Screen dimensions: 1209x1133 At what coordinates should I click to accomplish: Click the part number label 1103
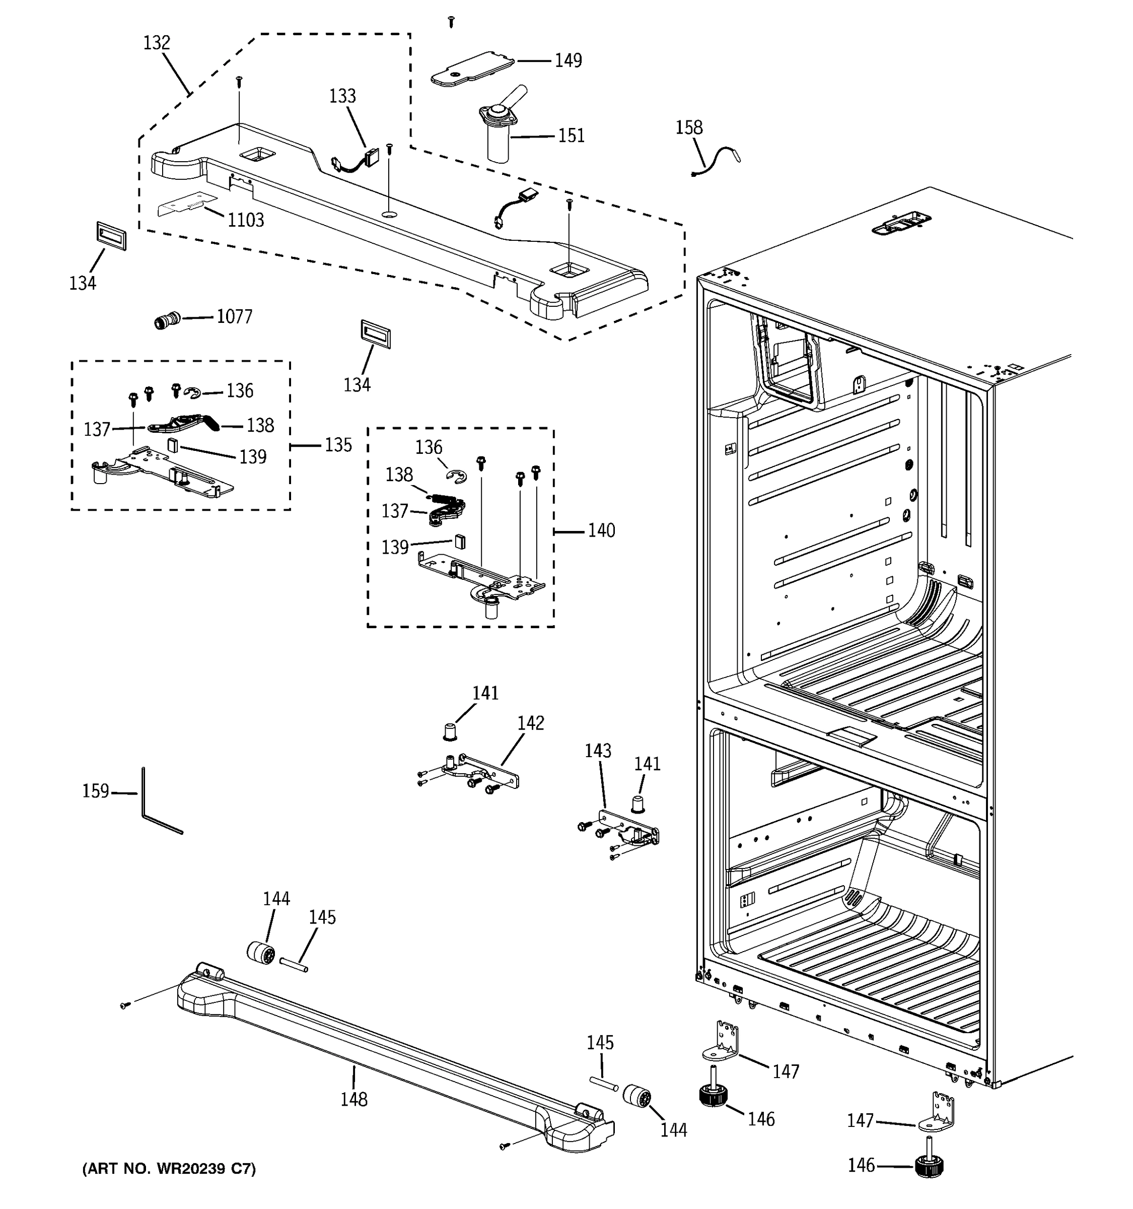pyautogui.click(x=246, y=220)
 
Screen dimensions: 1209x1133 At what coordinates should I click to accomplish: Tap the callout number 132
pyautogui.click(x=157, y=43)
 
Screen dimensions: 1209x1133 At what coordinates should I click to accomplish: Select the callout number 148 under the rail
pyautogui.click(x=354, y=1099)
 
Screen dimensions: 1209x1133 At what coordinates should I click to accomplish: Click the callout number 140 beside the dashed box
pyautogui.click(x=601, y=531)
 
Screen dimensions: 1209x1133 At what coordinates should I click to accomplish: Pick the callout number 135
pyautogui.click(x=338, y=445)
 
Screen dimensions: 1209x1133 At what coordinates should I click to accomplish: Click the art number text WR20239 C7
pyautogui.click(x=169, y=1169)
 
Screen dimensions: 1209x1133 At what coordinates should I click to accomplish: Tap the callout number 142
pyautogui.click(x=531, y=723)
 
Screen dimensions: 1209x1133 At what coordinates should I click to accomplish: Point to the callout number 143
pyautogui.click(x=598, y=751)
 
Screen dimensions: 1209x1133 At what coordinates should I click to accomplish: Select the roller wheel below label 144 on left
pyautogui.click(x=261, y=952)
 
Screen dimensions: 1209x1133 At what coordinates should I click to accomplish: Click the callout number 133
pyautogui.click(x=342, y=96)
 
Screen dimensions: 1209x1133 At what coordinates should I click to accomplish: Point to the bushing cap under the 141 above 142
pyautogui.click(x=449, y=731)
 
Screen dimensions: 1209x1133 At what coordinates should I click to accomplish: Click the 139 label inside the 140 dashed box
pyautogui.click(x=394, y=548)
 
